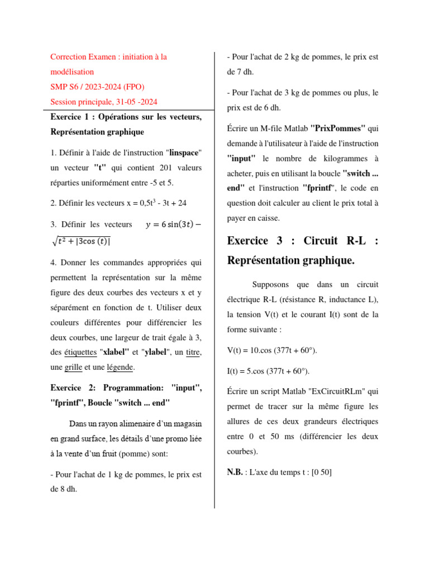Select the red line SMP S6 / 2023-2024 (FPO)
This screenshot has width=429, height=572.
click(x=97, y=87)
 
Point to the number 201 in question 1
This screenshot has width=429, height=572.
click(x=147, y=168)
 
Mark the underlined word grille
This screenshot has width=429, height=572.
click(x=73, y=368)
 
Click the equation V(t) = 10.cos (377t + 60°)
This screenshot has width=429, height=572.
click(x=272, y=350)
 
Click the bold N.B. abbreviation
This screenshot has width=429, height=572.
click(x=235, y=472)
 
